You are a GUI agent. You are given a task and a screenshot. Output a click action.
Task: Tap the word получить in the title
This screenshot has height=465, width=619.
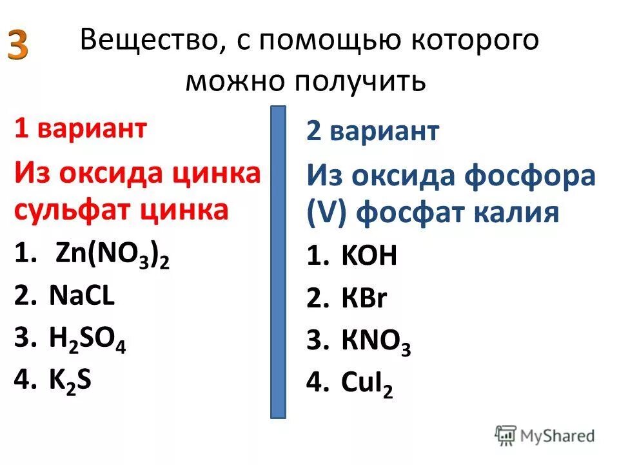361,82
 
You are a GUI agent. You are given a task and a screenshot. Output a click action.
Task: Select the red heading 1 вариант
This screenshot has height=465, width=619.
81,129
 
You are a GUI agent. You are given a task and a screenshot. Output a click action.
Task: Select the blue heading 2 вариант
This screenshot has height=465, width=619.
373,132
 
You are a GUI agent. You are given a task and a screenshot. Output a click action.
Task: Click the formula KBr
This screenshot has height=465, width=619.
364,299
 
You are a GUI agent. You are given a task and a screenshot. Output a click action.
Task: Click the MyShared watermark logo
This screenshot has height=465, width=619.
545,435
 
